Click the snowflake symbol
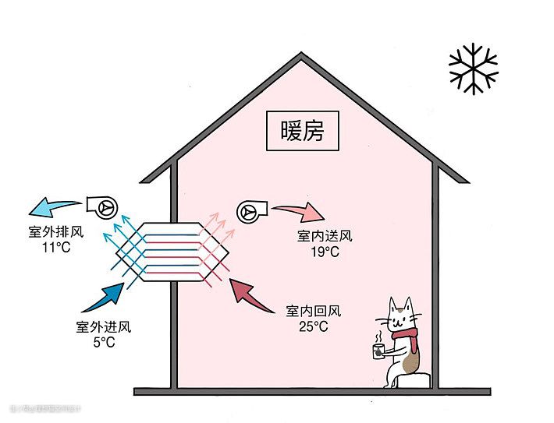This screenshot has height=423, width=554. pyautogui.click(x=473, y=69)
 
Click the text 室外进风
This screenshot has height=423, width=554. pyautogui.click(x=103, y=326)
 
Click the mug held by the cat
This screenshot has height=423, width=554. pyautogui.click(x=378, y=349)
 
